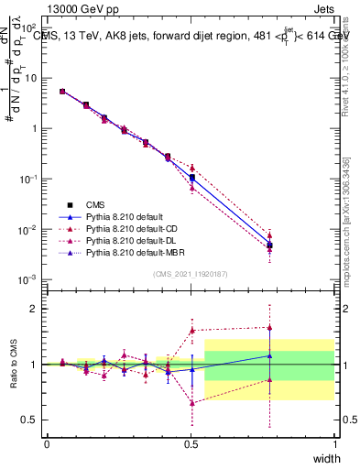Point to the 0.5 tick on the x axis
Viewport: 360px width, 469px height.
tap(191, 443)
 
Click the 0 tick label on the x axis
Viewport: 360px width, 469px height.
tap(47, 443)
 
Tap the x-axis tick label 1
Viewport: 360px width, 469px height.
tap(334, 443)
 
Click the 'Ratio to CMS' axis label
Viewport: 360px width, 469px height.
tap(14, 365)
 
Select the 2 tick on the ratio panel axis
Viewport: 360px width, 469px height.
tap(33, 309)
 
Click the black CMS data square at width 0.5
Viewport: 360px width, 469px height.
tap(191, 178)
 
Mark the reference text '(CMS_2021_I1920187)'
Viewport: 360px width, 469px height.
tap(190, 274)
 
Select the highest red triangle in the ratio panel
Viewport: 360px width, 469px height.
tap(269, 327)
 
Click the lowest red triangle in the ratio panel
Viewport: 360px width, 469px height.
tap(191, 403)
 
